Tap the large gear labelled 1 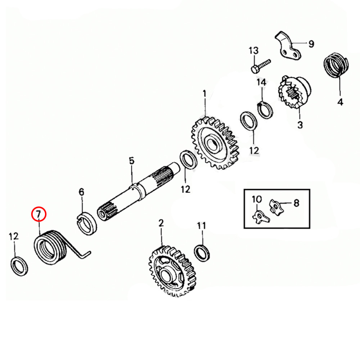coord(214,144)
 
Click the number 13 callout coord(253,50)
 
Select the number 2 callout coord(161,223)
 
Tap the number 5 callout coord(131,161)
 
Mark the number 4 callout coord(340,102)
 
